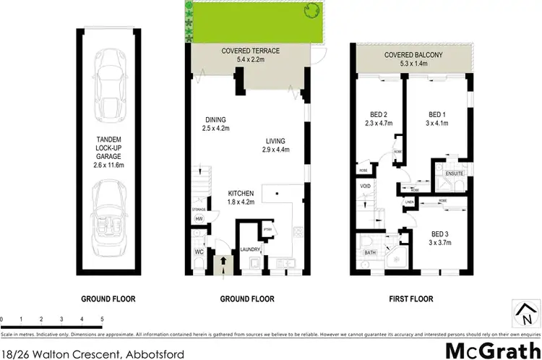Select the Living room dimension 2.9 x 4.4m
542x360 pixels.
pos(275,150)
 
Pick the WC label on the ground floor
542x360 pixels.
pos(199,252)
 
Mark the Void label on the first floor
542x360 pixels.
pos(366,186)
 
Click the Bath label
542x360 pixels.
pos(370,252)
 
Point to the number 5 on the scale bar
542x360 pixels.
pos(101,318)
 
